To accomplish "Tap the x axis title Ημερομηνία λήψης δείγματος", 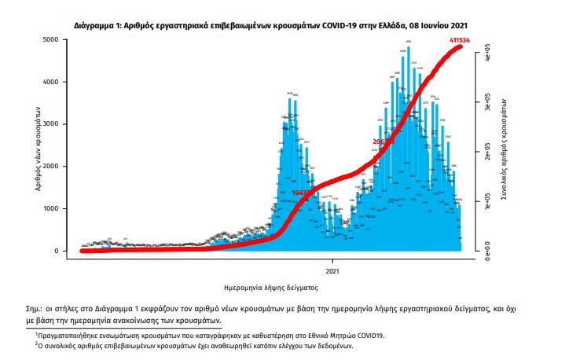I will (269, 288).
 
